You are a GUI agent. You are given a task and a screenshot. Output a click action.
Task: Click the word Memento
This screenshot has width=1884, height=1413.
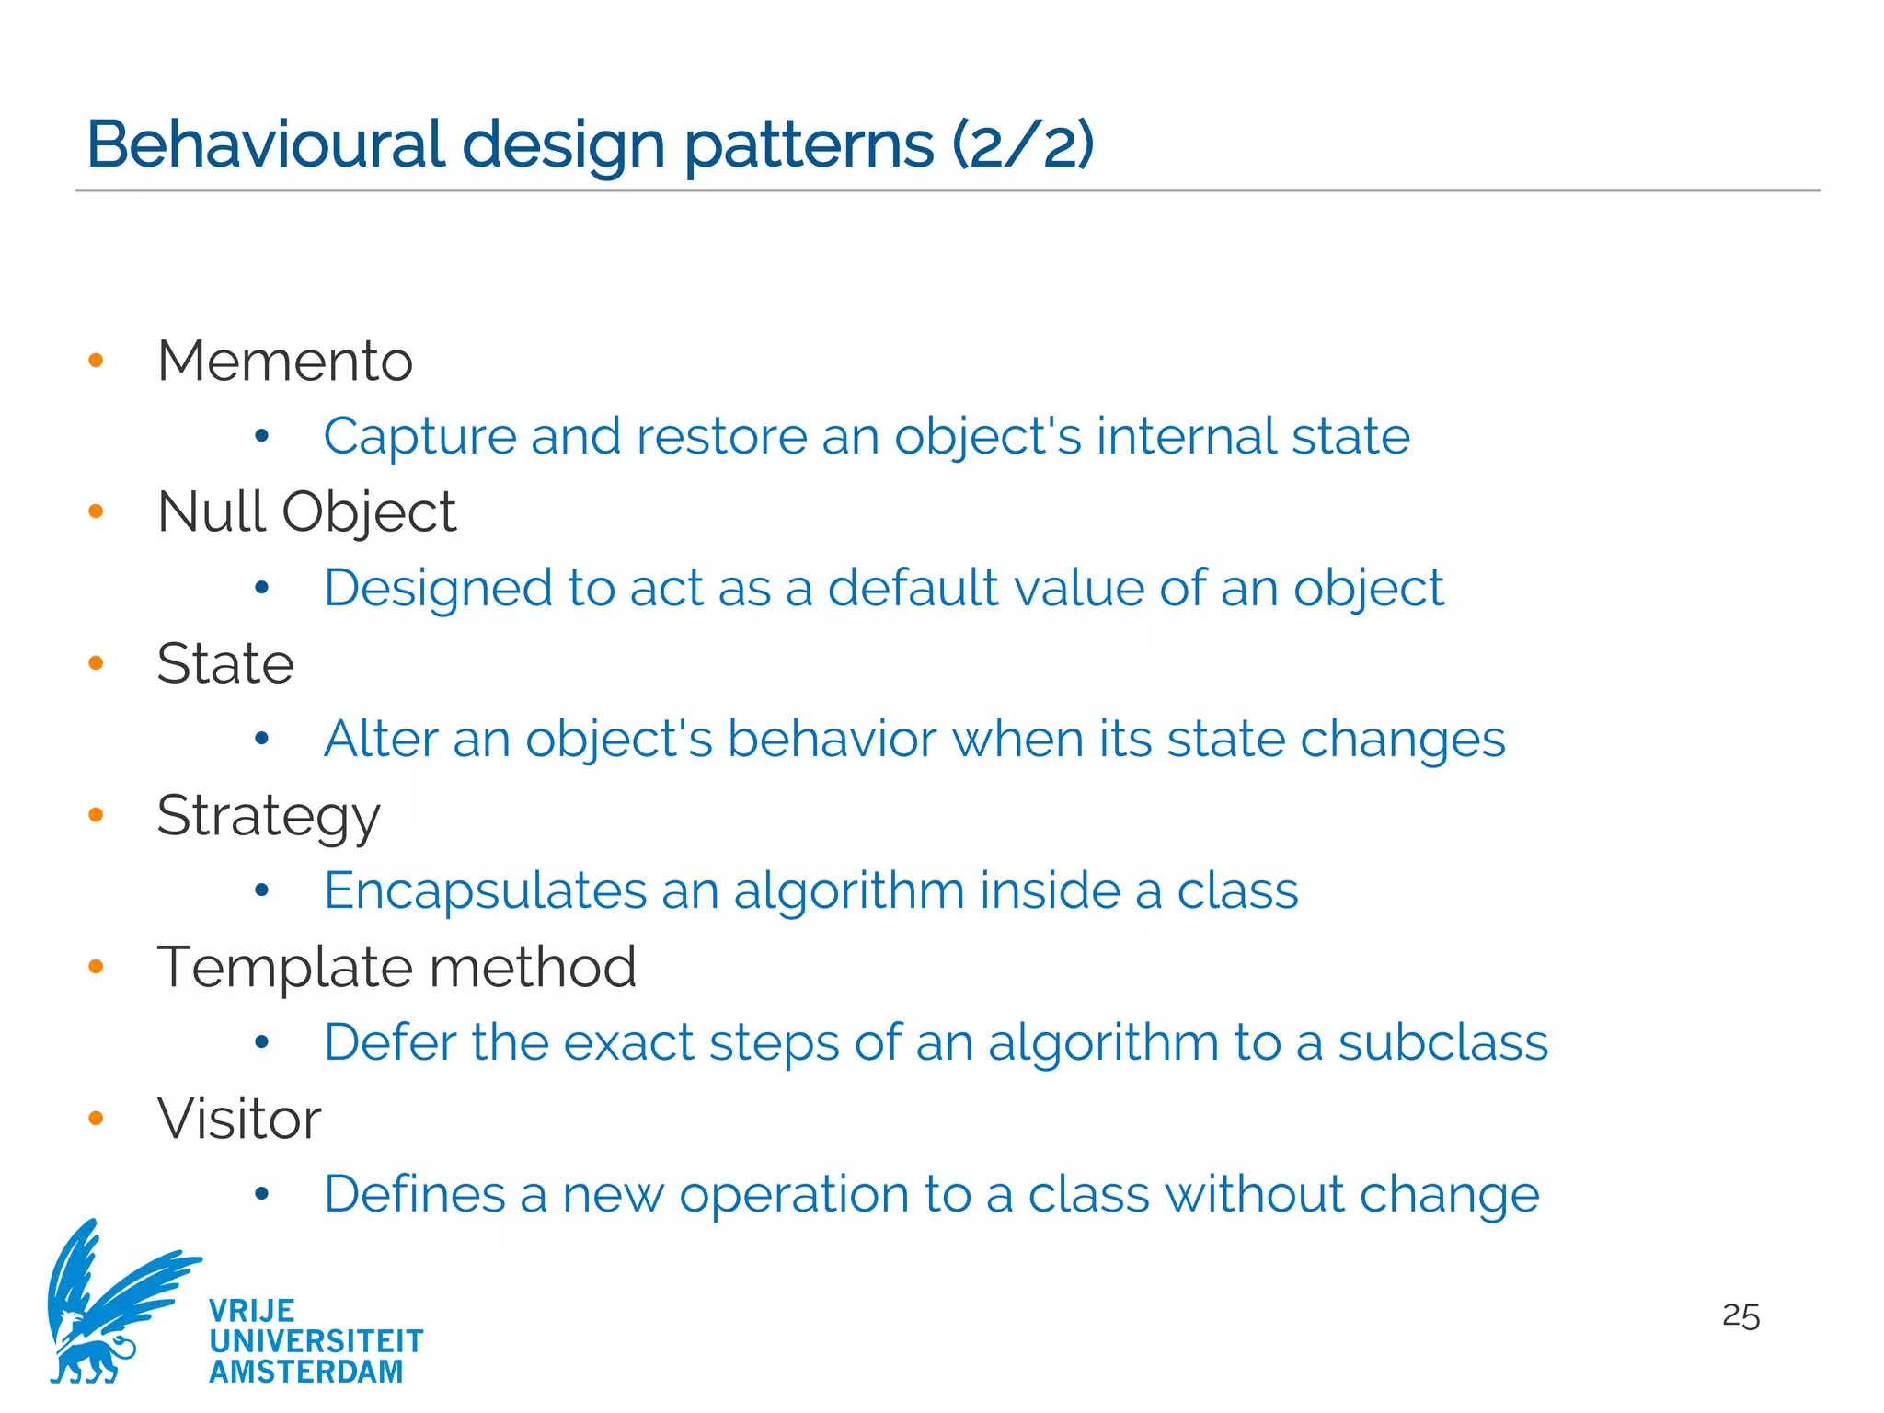coord(285,361)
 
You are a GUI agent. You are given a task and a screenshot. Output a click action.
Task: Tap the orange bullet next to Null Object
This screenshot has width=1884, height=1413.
coord(96,511)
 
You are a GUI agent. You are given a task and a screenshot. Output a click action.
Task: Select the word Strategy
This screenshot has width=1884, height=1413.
coord(268,816)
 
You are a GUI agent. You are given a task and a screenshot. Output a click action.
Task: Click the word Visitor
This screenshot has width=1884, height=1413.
coord(239,1120)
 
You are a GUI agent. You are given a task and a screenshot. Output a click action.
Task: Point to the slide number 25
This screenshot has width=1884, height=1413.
coord(1740,1316)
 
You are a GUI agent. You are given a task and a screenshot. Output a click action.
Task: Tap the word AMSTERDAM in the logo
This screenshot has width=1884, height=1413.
coord(306,1372)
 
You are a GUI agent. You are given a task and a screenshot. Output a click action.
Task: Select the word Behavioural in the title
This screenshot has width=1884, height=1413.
coord(266,144)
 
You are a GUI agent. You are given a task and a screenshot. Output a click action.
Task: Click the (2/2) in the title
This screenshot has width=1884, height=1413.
coord(1022,144)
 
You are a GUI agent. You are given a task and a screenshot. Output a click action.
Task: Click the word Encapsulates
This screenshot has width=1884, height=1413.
coord(486,890)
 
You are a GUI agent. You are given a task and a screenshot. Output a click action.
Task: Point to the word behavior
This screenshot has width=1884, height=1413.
coord(832,739)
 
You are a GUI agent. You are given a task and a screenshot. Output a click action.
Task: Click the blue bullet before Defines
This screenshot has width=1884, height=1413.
coord(262,1194)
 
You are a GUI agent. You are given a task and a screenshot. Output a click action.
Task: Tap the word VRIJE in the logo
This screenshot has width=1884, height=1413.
coord(251,1310)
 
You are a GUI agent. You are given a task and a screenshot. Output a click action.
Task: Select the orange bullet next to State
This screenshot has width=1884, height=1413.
coord(96,663)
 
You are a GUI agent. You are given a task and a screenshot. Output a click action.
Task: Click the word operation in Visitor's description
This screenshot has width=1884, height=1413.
coord(794,1195)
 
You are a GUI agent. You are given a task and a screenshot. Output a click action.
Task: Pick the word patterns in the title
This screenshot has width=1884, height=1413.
coord(810,144)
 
